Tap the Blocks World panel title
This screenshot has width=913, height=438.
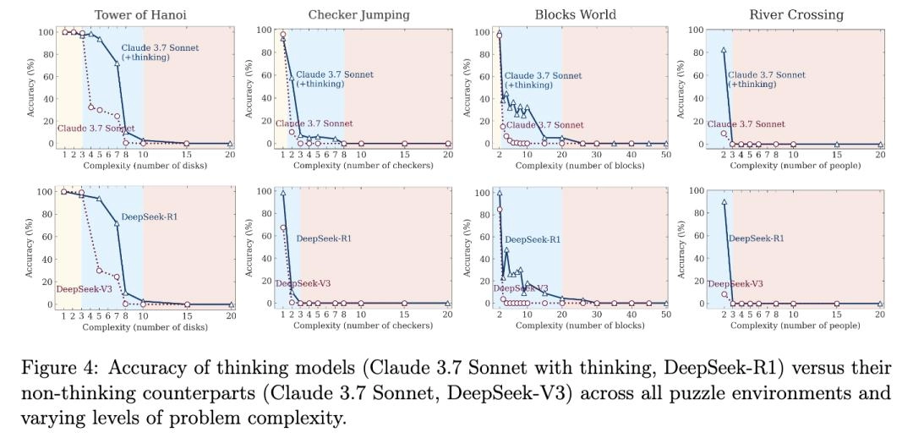(575, 14)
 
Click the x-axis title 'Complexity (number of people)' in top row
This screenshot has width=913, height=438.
(795, 165)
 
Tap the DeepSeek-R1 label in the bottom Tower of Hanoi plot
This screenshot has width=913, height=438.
(149, 217)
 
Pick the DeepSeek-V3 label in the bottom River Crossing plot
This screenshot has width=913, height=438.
(735, 284)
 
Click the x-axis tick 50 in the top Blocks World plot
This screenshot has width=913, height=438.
(665, 155)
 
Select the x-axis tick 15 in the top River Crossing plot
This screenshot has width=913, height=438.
(836, 155)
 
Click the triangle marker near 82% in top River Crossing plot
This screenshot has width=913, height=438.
(724, 51)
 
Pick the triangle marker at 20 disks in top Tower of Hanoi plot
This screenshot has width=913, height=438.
(230, 144)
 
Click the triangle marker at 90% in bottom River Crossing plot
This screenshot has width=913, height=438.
(724, 202)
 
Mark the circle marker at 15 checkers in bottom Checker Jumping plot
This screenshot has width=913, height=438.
(404, 304)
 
